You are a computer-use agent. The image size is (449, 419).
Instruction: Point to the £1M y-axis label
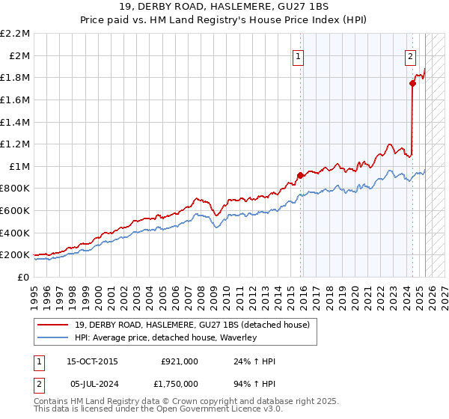(19, 166)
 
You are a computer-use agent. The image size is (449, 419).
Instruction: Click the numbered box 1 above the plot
(299, 55)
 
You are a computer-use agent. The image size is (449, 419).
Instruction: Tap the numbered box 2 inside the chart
(411, 55)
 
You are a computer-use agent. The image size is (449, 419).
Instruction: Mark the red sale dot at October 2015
(300, 175)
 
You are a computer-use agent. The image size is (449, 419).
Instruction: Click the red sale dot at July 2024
(412, 84)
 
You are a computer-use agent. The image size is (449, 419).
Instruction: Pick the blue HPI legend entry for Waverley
(165, 337)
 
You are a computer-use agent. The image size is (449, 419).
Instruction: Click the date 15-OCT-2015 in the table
(92, 361)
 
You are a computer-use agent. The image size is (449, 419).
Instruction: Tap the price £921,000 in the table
(180, 361)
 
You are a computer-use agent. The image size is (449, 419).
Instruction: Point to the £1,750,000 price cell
(175, 385)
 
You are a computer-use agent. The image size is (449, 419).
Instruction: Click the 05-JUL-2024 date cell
(92, 385)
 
